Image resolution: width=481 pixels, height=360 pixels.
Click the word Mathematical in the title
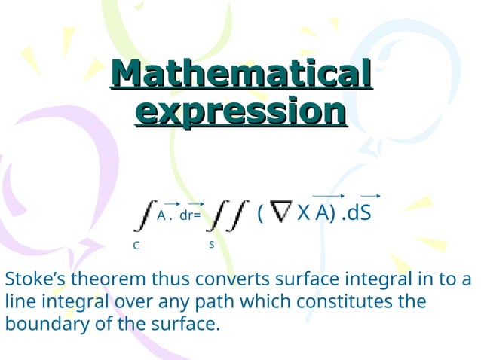[x=241, y=77]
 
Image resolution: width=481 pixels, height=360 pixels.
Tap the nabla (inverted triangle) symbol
[x=281, y=213]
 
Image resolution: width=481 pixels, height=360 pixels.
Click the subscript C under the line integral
[x=136, y=246]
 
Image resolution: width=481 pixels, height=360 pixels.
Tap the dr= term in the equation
[x=190, y=215]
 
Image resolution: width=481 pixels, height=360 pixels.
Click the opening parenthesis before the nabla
[x=260, y=214]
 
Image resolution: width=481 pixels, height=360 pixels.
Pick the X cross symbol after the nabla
[x=303, y=213]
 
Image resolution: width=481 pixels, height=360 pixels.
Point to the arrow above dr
[x=195, y=203]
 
